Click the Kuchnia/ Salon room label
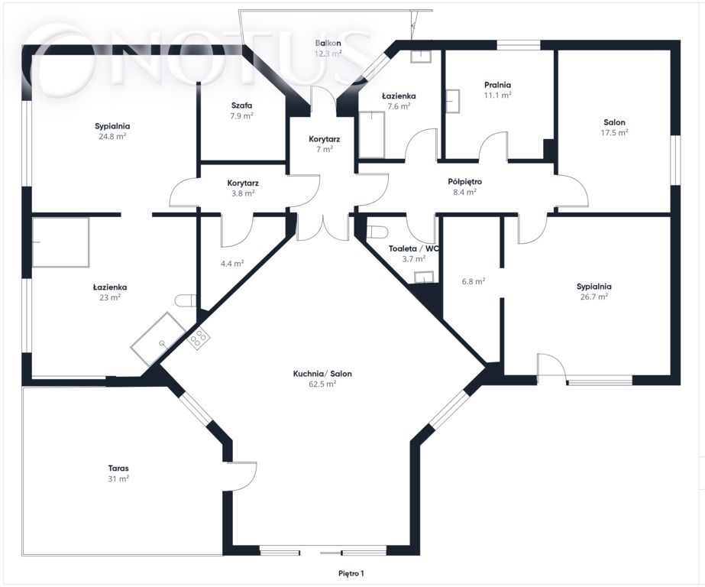pos(322,374)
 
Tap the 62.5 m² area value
pos(322,384)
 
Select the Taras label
pos(118,469)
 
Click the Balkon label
pos(328,43)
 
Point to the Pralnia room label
pos(498,85)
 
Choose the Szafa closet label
pos(242,105)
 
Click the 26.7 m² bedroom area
pos(594,297)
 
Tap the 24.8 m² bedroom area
pos(112,137)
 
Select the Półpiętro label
pos(465,182)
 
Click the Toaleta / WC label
pos(414,248)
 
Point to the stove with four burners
pos(199,338)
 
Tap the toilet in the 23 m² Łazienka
pos(186,300)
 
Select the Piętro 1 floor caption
pos(351,573)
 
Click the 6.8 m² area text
pos(474,281)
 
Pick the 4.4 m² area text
pos(232,264)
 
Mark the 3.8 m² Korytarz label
pos(243,189)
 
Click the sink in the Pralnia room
pos(453,101)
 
